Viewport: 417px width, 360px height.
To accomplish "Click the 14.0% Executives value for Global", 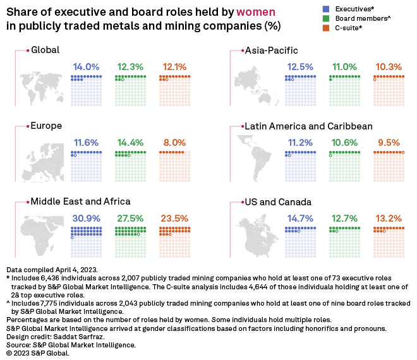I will click(x=86, y=67).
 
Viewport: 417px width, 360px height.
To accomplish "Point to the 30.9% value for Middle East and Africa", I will click(x=86, y=219).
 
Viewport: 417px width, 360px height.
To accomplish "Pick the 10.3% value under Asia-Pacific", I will click(x=388, y=67).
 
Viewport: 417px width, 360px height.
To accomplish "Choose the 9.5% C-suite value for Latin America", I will click(x=388, y=143).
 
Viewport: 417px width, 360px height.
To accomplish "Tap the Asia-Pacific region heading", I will click(x=271, y=50).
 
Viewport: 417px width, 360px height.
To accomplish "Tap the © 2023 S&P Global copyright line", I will click(x=38, y=353).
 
